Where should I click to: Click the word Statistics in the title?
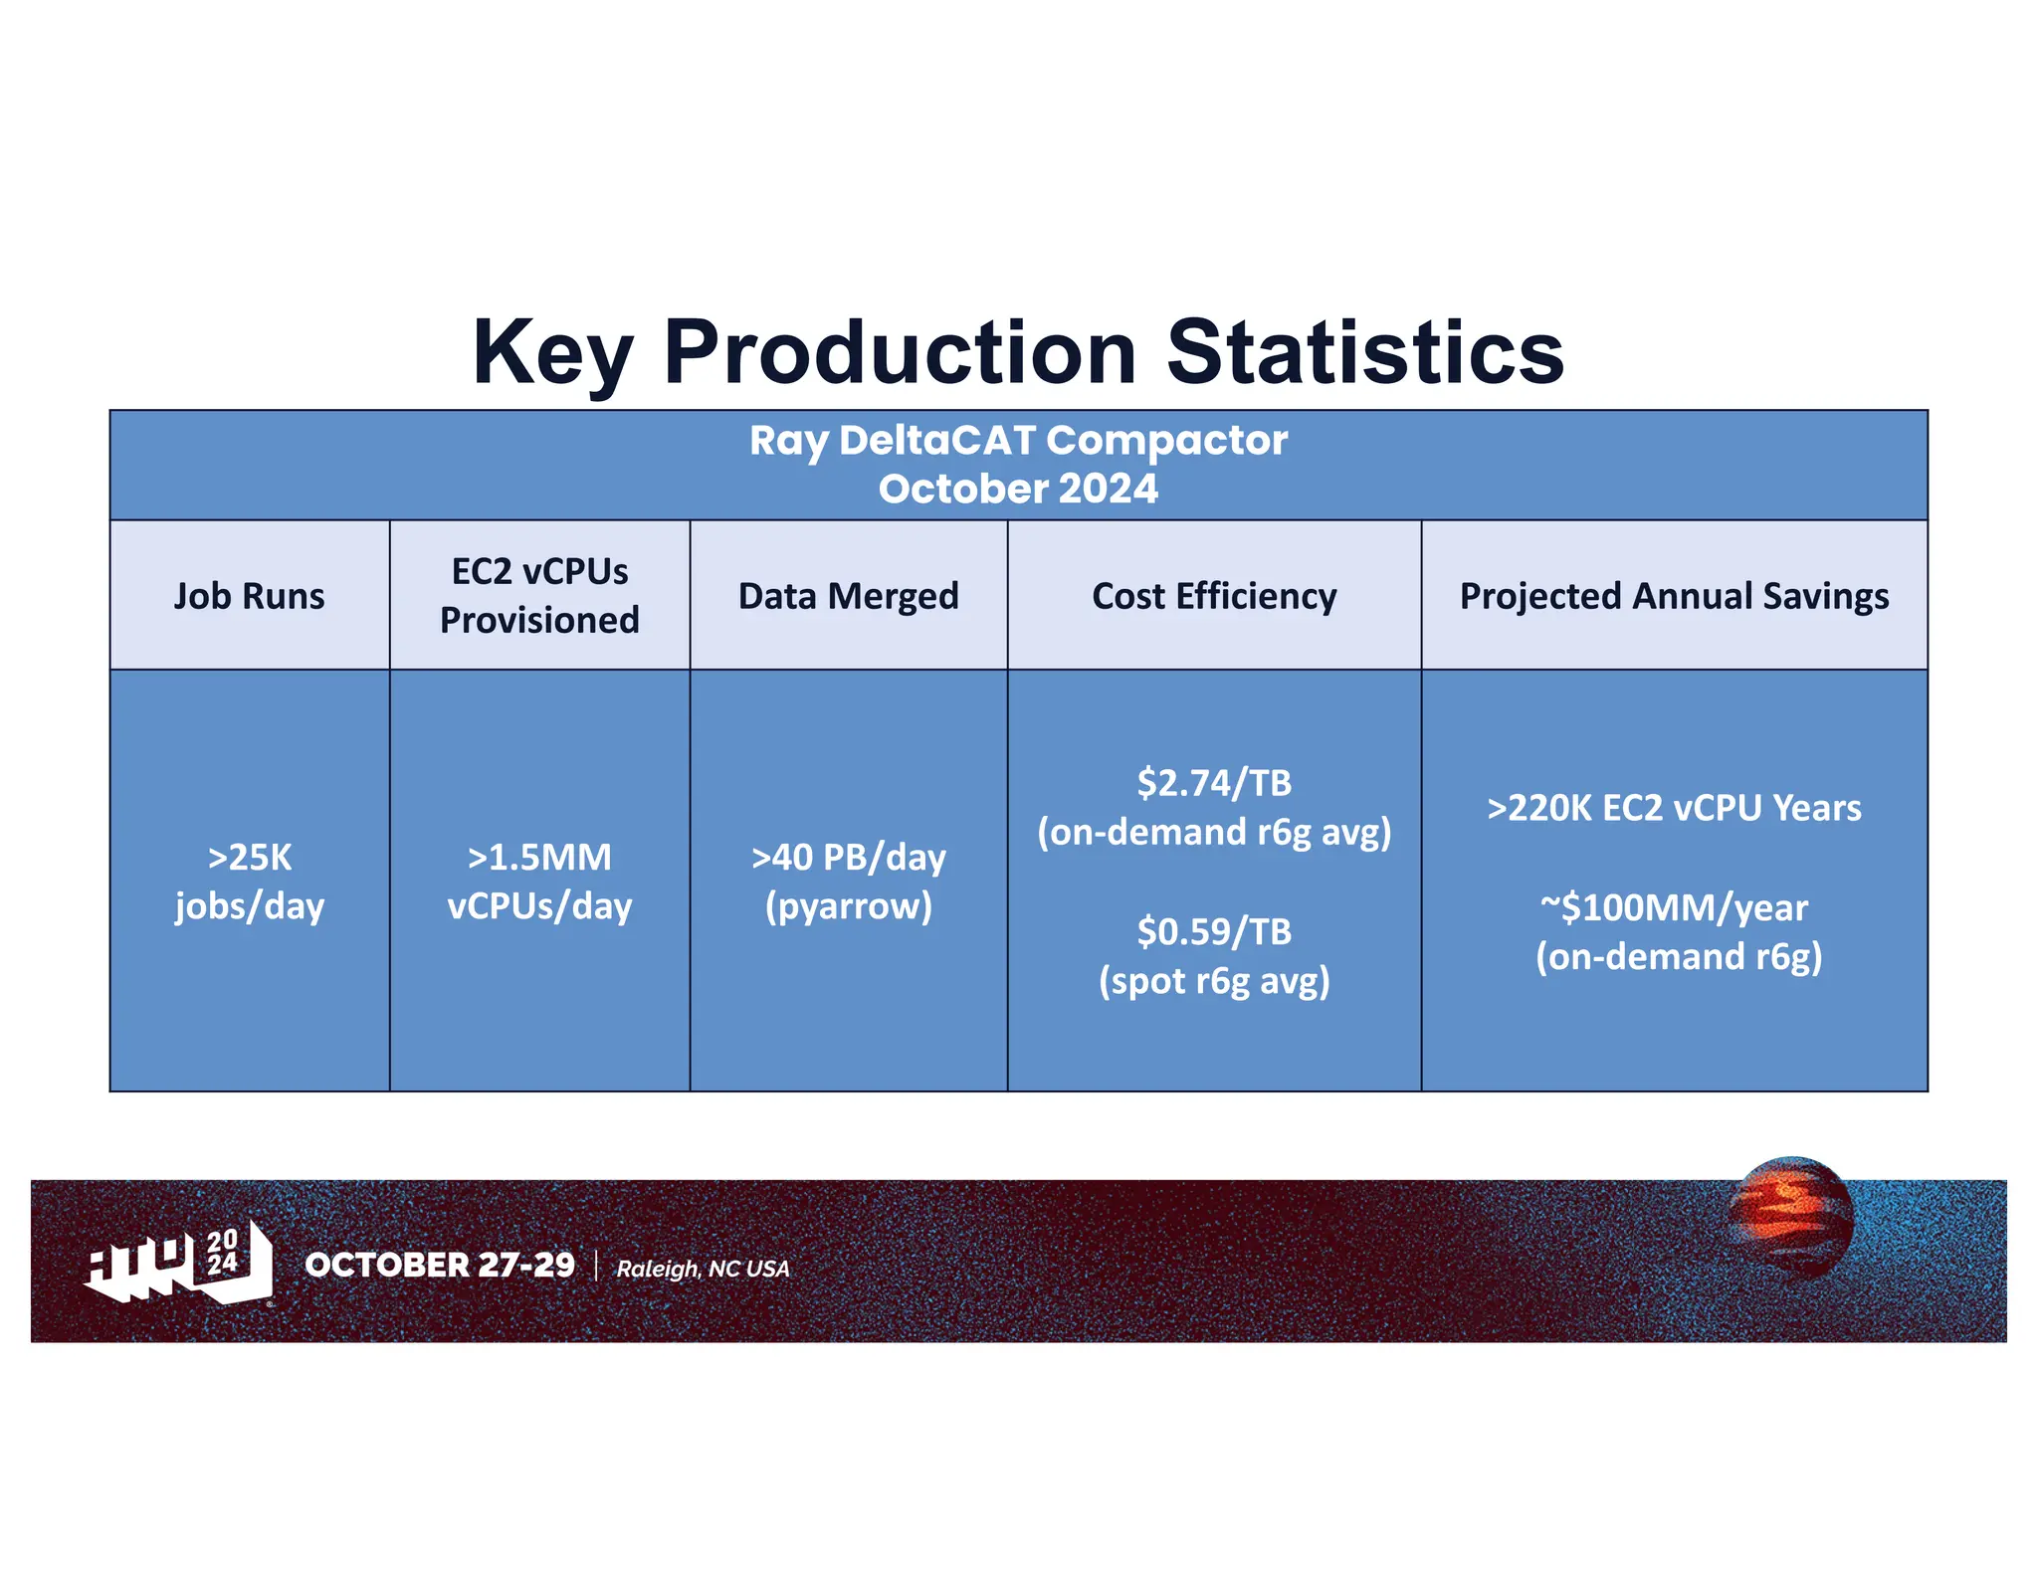(x=1364, y=352)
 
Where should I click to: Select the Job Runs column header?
(x=249, y=596)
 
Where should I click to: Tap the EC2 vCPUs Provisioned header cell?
(x=539, y=596)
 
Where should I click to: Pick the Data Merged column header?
(x=848, y=596)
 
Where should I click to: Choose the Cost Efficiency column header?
(x=1214, y=596)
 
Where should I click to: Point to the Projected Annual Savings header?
(x=1674, y=596)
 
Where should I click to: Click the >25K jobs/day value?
(x=249, y=882)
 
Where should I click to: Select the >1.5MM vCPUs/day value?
(x=539, y=882)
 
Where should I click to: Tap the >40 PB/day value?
(x=848, y=858)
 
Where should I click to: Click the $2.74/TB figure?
(x=1214, y=783)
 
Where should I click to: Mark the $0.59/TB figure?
(x=1214, y=932)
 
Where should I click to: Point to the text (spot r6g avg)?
(x=1214, y=981)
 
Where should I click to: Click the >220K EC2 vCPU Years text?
(x=1674, y=808)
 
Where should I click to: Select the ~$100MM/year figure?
(x=1674, y=907)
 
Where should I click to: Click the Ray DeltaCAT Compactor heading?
(x=1018, y=440)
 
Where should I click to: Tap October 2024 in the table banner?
(x=1018, y=489)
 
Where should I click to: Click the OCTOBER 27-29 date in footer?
(x=440, y=1265)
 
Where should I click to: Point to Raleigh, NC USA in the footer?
(x=703, y=1269)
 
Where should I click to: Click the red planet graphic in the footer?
(x=1791, y=1217)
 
